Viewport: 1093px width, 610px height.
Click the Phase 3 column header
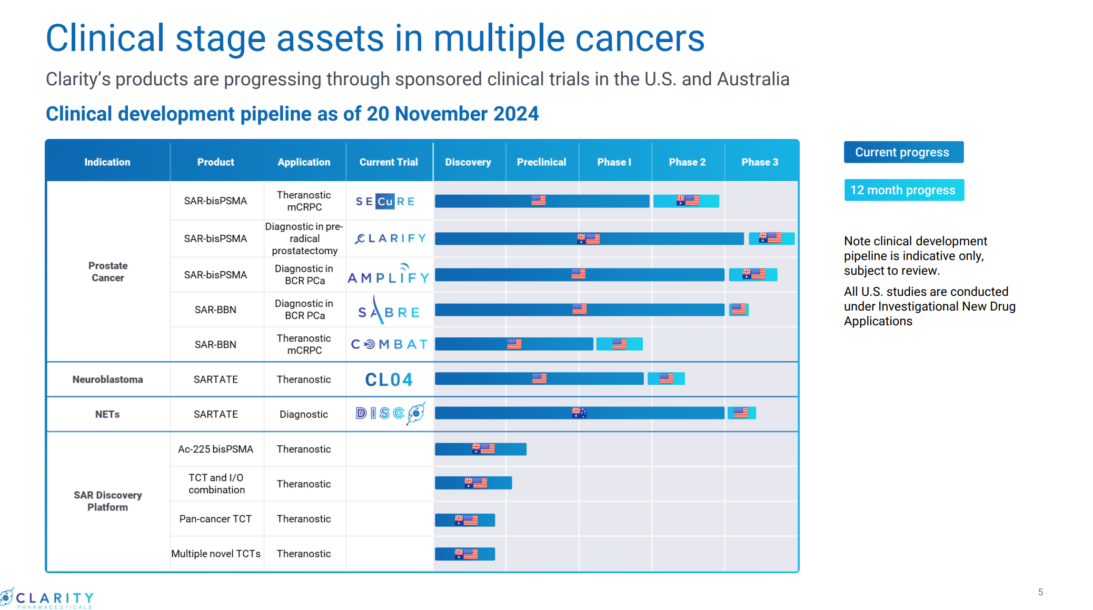tap(759, 162)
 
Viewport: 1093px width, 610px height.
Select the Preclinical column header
tap(541, 162)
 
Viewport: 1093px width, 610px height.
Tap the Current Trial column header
tap(389, 162)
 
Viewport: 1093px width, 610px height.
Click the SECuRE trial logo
tap(385, 201)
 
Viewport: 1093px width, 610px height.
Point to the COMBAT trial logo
tap(389, 344)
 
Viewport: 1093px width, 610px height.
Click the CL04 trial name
tap(389, 379)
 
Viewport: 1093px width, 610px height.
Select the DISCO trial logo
tap(390, 414)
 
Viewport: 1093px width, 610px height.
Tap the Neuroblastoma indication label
tap(107, 379)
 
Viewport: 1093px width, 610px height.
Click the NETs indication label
tap(107, 414)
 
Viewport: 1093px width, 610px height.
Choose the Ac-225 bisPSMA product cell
tap(215, 449)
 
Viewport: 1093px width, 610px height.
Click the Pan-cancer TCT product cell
tap(215, 519)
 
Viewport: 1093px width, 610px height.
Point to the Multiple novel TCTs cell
tap(216, 554)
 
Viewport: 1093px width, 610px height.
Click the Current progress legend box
tap(903, 152)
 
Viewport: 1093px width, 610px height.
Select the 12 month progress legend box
tap(903, 190)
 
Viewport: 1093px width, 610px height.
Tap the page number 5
tap(1040, 592)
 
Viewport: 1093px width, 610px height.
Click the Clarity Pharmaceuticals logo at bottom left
tap(47, 599)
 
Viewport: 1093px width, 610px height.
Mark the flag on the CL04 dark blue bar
tap(539, 378)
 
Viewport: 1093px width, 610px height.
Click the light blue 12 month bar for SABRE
tap(739, 309)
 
